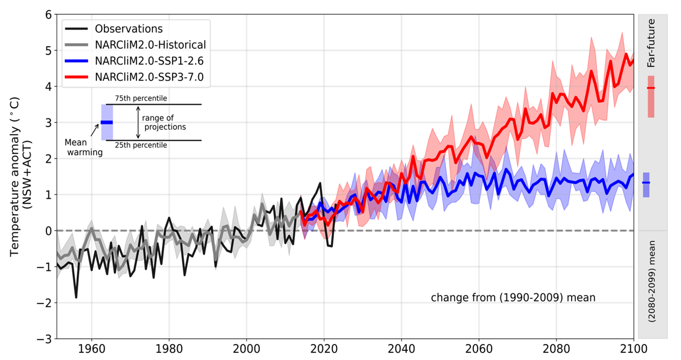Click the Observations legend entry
click(128, 29)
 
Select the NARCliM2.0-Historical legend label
click(150, 45)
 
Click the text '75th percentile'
click(140, 98)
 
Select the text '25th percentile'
click(140, 145)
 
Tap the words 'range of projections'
click(163, 122)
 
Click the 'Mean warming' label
click(83, 147)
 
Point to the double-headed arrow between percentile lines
click(138, 122)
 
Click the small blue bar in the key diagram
click(107, 122)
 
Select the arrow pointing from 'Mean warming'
click(95, 131)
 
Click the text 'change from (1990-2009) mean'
click(513, 298)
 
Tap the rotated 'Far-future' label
click(651, 43)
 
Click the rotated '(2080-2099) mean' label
click(651, 281)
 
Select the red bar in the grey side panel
click(651, 96)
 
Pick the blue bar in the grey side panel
click(646, 184)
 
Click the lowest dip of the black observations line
click(76, 297)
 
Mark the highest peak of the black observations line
click(320, 183)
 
